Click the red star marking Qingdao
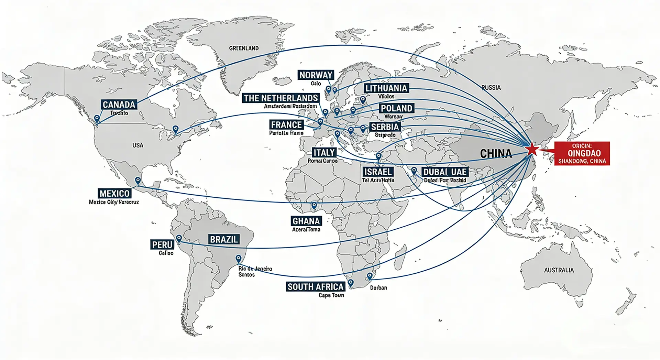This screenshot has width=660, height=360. pyautogui.click(x=532, y=149)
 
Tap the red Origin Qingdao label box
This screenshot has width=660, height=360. pyautogui.click(x=582, y=153)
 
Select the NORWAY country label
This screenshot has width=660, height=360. pyautogui.click(x=316, y=75)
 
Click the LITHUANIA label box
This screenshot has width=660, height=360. pyautogui.click(x=386, y=88)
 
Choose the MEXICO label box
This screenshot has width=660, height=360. pyautogui.click(x=114, y=193)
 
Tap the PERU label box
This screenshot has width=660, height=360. pyautogui.click(x=162, y=244)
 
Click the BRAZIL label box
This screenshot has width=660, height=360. pyautogui.click(x=224, y=239)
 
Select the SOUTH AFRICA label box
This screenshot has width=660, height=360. pyautogui.click(x=315, y=287)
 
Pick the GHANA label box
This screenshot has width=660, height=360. pyautogui.click(x=306, y=221)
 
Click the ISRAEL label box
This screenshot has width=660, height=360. pyautogui.click(x=378, y=172)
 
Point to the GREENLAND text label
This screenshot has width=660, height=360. pyautogui.click(x=244, y=48)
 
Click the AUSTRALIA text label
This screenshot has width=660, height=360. pyautogui.click(x=559, y=270)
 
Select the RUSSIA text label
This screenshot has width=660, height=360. pyautogui.click(x=491, y=88)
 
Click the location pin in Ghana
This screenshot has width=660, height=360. pyautogui.click(x=314, y=206)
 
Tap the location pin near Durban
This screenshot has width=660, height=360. pyautogui.click(x=370, y=276)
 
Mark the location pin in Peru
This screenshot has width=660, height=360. pyautogui.click(x=179, y=238)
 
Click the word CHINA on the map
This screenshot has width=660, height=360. pyautogui.click(x=495, y=153)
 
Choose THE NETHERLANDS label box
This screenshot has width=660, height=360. pyautogui.click(x=280, y=98)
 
